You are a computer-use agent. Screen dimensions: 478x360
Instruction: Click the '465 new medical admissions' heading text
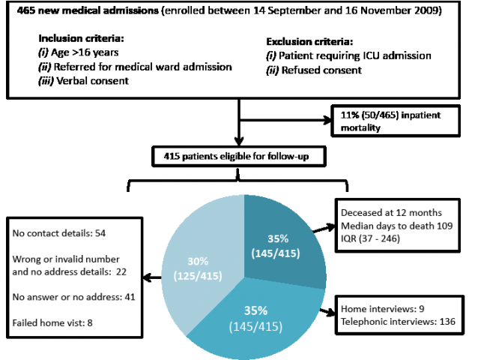coord(88,10)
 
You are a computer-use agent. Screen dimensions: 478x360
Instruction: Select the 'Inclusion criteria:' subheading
coord(81,38)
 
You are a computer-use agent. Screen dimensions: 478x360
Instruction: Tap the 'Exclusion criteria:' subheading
coord(309,41)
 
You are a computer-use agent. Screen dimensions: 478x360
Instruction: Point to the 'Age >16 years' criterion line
coord(79,52)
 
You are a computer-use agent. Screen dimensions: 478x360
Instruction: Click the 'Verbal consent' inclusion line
coord(83,81)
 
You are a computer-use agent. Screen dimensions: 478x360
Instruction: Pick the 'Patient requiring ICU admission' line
coord(348,55)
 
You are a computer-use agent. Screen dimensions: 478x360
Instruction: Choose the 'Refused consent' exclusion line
coord(314,70)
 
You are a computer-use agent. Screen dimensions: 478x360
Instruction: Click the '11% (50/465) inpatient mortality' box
coord(396,121)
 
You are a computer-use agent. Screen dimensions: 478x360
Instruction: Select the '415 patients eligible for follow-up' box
coord(239,157)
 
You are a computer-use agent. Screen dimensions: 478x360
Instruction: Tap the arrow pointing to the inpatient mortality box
coord(285,120)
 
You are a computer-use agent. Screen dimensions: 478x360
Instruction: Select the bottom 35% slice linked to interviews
coord(256,320)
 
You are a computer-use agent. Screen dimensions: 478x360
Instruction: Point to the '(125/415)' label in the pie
coord(198,276)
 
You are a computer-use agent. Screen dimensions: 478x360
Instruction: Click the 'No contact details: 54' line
coord(59,233)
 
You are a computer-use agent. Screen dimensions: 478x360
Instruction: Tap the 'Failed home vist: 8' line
coord(52,322)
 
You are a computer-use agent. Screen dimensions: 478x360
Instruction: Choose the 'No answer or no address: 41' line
coord(73,297)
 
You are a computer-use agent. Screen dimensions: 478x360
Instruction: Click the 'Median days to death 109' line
coord(396,226)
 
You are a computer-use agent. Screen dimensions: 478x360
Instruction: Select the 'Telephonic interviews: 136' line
coord(398,322)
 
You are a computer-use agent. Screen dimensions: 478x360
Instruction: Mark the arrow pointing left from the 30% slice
coord(152,277)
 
